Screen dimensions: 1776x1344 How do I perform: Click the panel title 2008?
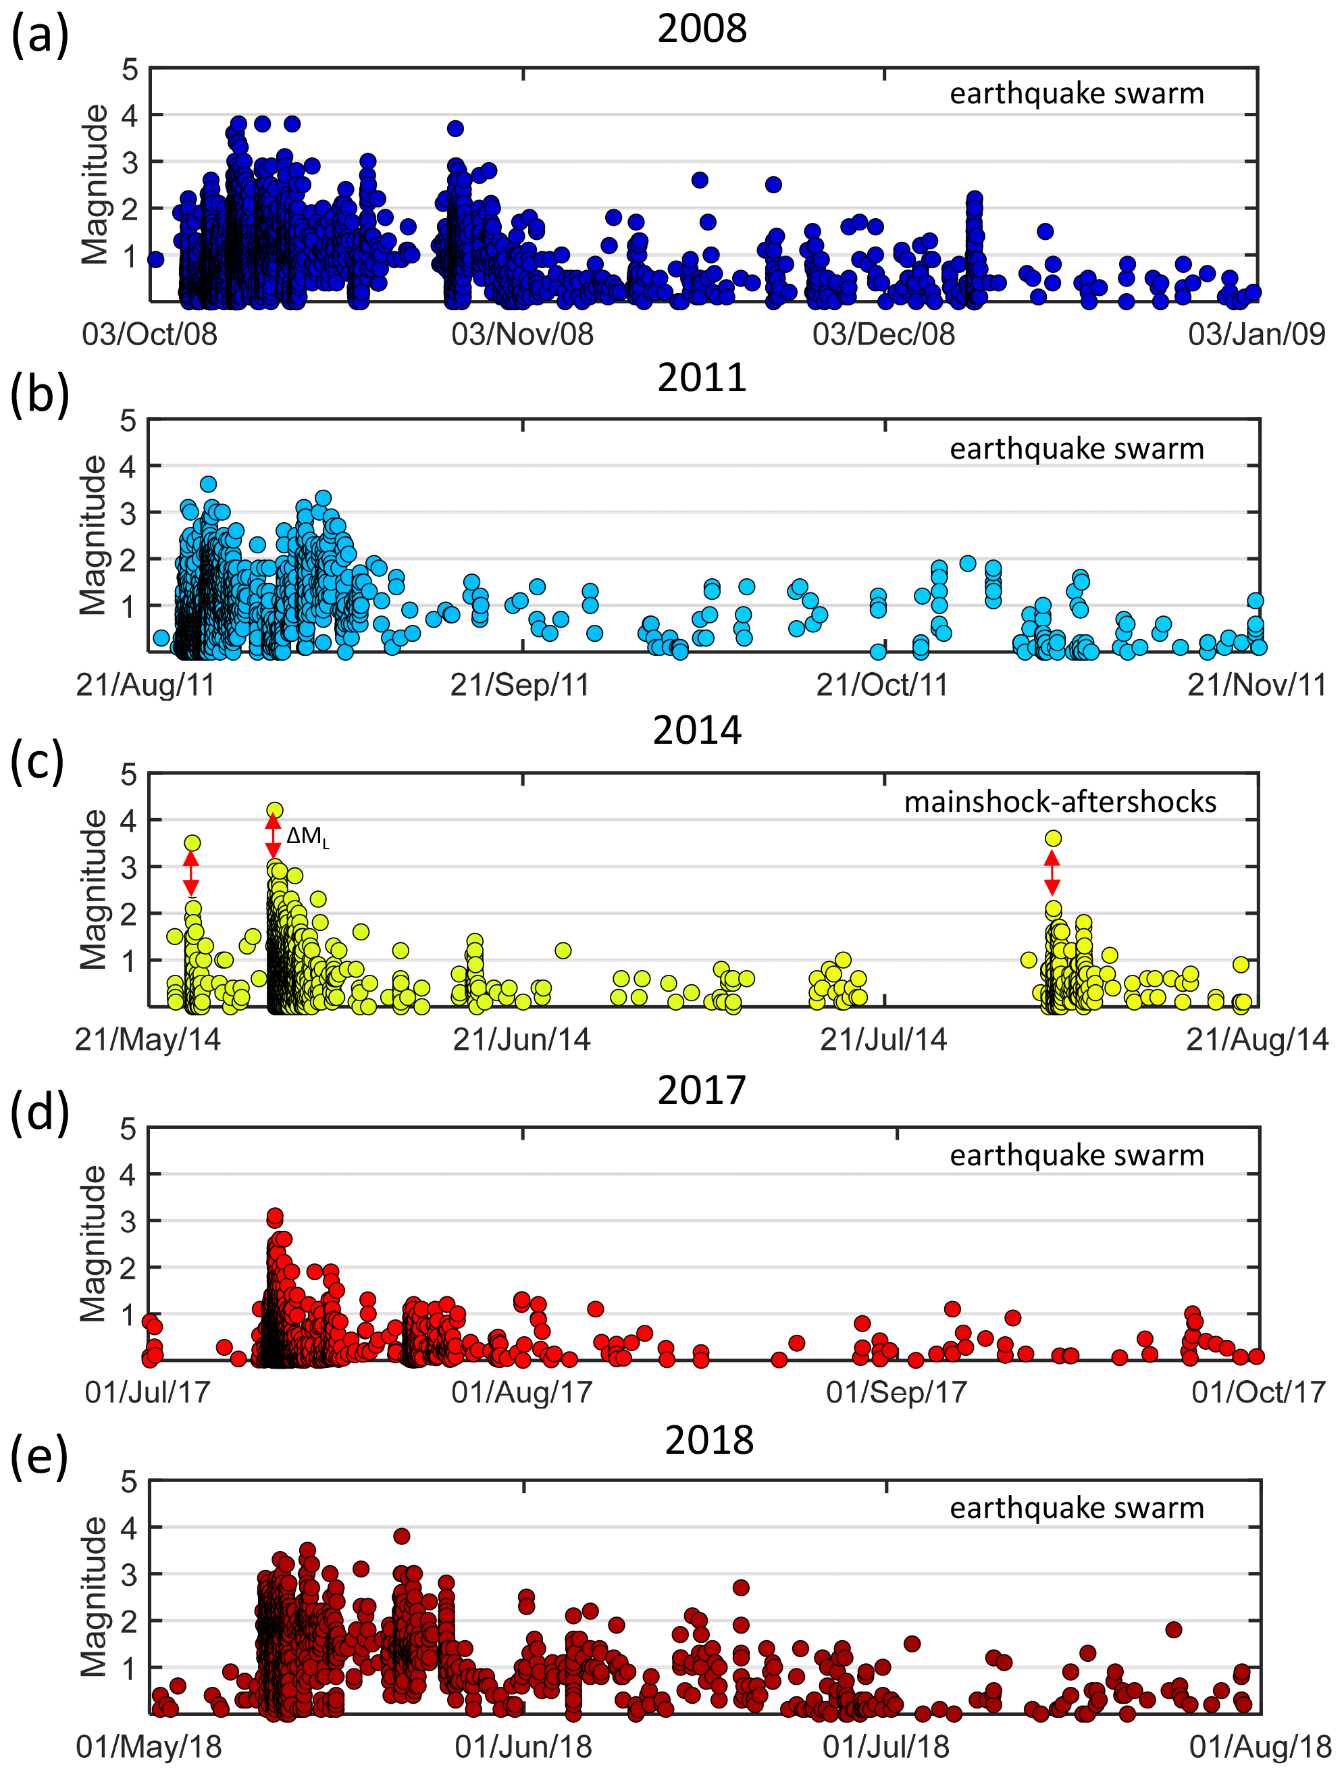click(701, 29)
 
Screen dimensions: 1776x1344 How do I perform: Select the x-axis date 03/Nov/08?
click(522, 334)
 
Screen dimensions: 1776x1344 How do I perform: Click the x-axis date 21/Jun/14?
click(522, 1039)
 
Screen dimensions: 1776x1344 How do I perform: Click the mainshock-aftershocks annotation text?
click(1060, 801)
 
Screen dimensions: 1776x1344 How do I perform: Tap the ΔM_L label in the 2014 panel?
click(307, 838)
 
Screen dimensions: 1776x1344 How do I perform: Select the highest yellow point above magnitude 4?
click(275, 810)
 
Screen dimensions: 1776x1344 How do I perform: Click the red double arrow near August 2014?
click(1052, 873)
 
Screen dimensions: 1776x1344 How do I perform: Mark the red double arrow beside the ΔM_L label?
click(273, 836)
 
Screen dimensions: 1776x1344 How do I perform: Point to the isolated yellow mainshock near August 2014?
click(1054, 838)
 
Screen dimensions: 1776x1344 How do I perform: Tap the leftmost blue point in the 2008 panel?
click(156, 259)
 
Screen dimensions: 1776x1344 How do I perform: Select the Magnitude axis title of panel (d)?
click(94, 1244)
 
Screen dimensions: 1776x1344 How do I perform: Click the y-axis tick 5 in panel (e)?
click(128, 1482)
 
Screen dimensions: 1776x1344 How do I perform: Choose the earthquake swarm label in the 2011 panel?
click(1076, 449)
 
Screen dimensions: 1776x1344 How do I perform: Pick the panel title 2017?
click(701, 1090)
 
